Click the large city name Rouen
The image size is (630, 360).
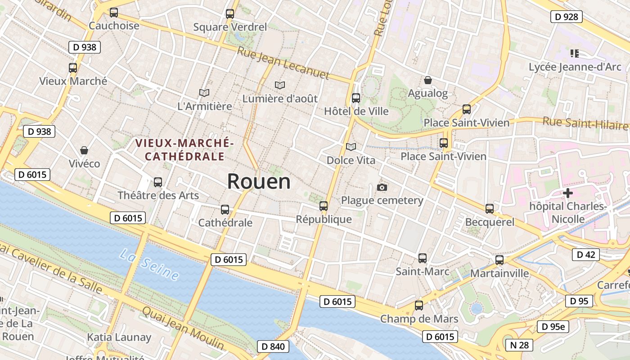tap(259, 181)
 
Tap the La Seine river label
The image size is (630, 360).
tap(149, 265)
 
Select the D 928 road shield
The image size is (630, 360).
tap(566, 17)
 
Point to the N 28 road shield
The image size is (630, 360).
tap(519, 345)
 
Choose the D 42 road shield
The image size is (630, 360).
tap(585, 255)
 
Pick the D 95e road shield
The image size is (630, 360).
tap(553, 327)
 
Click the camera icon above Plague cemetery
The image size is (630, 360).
tap(382, 187)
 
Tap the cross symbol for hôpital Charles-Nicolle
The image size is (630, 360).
tap(568, 193)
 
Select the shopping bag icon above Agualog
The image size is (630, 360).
tap(428, 80)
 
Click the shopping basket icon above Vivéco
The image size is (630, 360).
tap(84, 150)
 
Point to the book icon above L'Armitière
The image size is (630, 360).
tap(204, 93)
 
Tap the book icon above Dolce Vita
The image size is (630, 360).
tap(351, 147)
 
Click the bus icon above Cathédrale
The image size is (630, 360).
tap(225, 209)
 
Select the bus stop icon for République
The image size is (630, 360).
tap(324, 206)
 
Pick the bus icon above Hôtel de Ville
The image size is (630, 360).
tap(356, 98)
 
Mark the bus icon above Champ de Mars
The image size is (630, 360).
tap(419, 306)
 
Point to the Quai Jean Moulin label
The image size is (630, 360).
tap(183, 328)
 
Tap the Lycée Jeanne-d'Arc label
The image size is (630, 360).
tap(575, 67)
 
